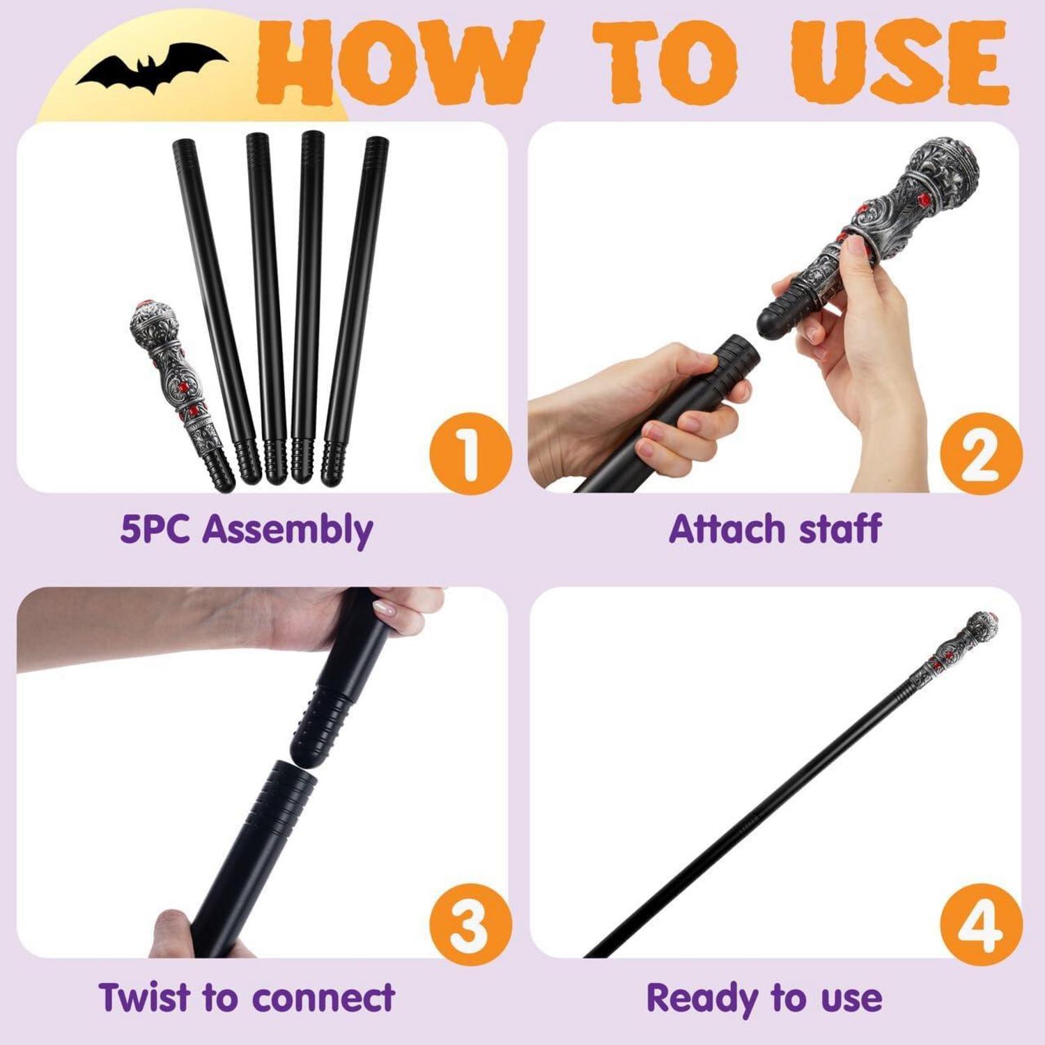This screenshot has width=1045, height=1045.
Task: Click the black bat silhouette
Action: point(152,68)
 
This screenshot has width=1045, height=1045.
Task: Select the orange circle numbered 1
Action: point(470,454)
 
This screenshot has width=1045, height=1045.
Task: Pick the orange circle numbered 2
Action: point(982,454)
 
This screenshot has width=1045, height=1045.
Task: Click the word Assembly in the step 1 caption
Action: point(288,531)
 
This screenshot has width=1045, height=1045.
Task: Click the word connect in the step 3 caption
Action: point(323,998)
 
